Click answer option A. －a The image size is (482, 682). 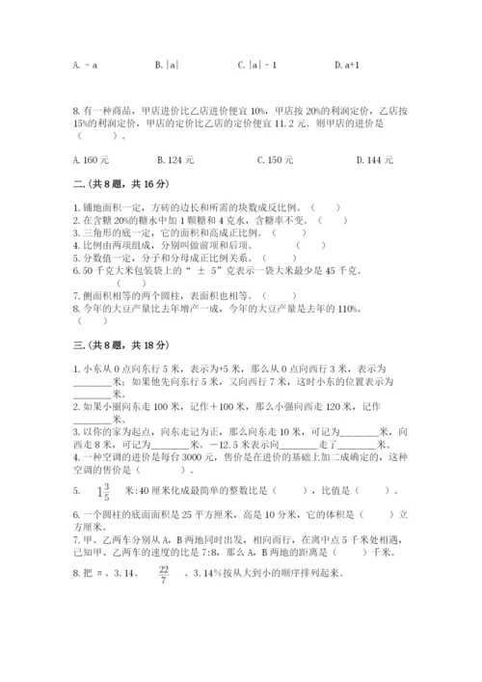click(84, 65)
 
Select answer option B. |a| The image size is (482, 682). click(167, 65)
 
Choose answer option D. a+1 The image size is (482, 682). click(345, 65)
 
